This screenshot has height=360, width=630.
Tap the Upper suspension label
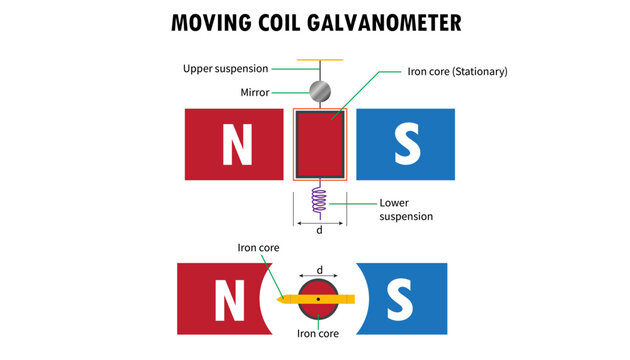tap(224, 69)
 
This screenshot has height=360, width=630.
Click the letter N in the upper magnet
tap(236, 146)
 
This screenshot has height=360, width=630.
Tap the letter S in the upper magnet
tap(405, 146)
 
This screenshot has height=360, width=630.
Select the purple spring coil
tap(319, 200)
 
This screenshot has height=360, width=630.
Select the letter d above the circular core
tap(319, 270)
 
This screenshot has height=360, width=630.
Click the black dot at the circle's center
tap(319, 299)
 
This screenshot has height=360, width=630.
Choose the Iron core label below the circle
tap(319, 333)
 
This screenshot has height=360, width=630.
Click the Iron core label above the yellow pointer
tap(258, 247)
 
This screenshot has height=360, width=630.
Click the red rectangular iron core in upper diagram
tap(319, 146)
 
